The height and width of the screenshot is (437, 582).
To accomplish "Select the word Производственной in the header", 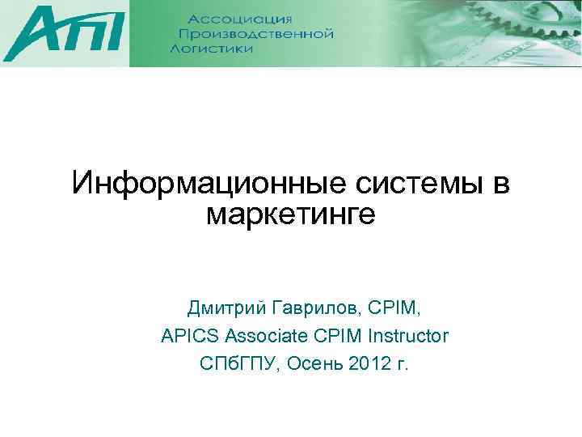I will pos(255,34).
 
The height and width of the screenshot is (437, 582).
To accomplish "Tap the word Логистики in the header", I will pos(212,49).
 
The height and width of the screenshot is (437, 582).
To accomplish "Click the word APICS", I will pos(190,336).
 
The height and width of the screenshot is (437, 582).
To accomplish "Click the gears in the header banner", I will pos(453,32).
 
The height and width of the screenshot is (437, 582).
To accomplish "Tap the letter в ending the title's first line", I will pos(500,185).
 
